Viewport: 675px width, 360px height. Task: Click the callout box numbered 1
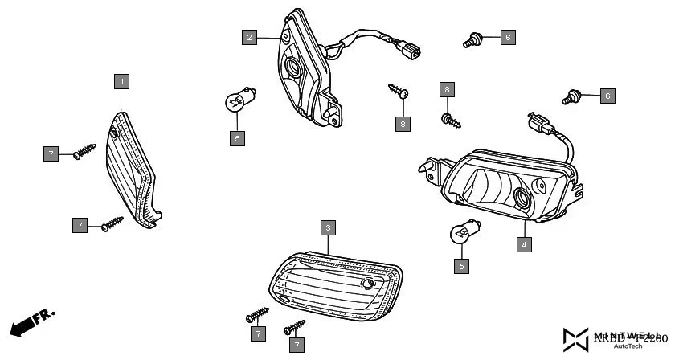coord(121,80)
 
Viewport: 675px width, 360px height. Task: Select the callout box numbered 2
coord(250,37)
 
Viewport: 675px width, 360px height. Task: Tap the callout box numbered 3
coord(327,228)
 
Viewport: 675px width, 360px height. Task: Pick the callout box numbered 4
coord(523,244)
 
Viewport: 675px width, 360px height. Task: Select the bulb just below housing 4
coord(461,232)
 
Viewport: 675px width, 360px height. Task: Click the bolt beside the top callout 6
coord(472,39)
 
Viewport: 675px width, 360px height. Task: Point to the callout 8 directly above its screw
coord(447,89)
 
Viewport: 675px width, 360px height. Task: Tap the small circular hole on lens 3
coord(368,284)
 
